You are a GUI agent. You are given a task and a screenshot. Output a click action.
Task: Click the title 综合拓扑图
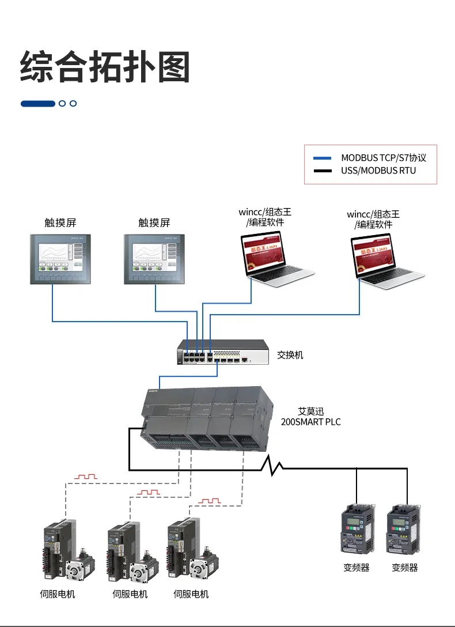click(105, 67)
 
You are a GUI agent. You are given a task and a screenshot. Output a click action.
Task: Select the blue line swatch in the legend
click(323, 158)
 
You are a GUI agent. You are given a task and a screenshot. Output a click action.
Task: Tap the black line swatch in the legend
click(323, 171)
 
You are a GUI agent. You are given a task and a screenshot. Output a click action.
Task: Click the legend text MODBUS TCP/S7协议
click(384, 158)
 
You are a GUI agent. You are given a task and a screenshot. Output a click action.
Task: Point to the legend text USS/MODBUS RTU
click(378, 171)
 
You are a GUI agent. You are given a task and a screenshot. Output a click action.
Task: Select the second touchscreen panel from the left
click(154, 259)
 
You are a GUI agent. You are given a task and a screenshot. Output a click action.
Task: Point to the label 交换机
click(290, 355)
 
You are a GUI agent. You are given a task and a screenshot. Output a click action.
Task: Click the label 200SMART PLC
click(310, 422)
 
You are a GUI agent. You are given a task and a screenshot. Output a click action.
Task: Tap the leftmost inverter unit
click(358, 531)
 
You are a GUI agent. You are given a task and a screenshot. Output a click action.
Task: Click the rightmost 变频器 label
click(405, 568)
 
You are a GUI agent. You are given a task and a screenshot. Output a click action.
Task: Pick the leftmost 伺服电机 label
click(58, 594)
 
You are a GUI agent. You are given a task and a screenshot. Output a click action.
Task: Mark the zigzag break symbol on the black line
click(270, 465)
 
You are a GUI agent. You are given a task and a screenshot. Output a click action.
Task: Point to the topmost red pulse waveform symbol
click(87, 477)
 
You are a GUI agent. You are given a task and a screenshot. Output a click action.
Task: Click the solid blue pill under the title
click(38, 104)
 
